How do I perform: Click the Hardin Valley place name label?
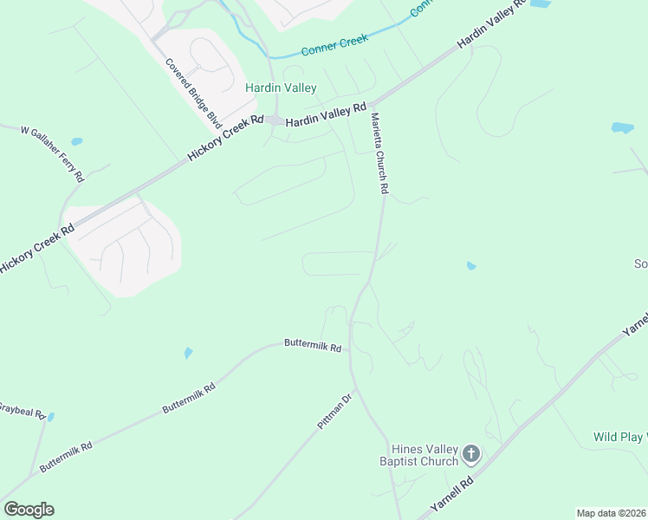pyautogui.click(x=281, y=88)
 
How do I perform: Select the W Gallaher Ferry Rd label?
pyautogui.click(x=55, y=153)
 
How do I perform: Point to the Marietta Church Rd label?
pyautogui.click(x=379, y=153)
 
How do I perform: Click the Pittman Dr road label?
pyautogui.click(x=333, y=417)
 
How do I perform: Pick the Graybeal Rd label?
pyautogui.click(x=21, y=410)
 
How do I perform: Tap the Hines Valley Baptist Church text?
pyautogui.click(x=424, y=455)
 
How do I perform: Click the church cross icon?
pyautogui.click(x=470, y=453)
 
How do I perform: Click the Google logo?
pyautogui.click(x=29, y=510)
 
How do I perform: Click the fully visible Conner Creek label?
pyautogui.click(x=335, y=44)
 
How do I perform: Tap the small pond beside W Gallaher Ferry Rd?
pyautogui.click(x=77, y=141)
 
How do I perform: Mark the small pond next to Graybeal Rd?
pyautogui.click(x=51, y=417)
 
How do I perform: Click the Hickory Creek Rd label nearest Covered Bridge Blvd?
pyautogui.click(x=225, y=139)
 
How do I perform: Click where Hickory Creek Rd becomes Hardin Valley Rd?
pyautogui.click(x=275, y=120)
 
